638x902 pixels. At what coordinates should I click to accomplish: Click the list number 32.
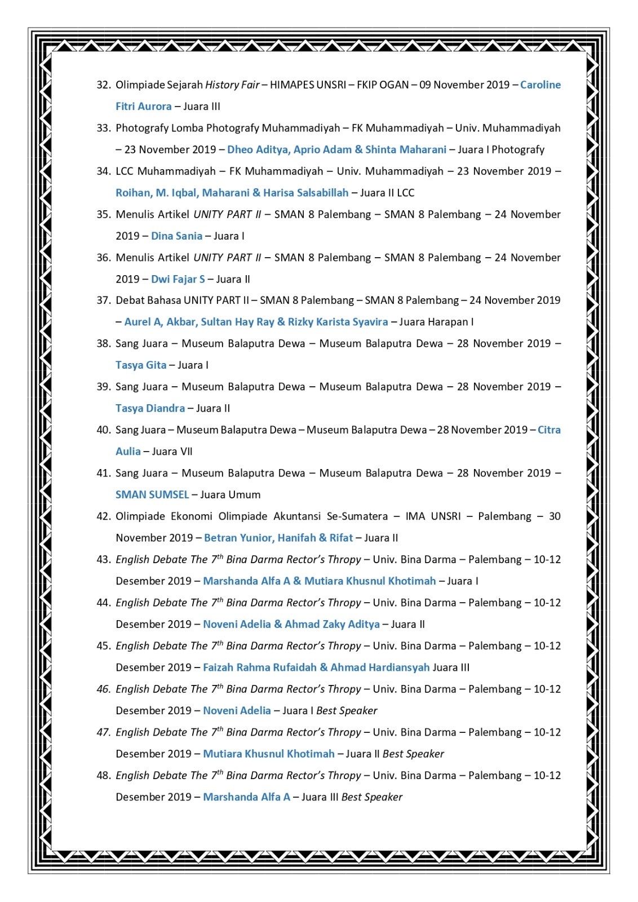coord(103,85)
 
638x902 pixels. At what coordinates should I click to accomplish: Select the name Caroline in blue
coord(540,85)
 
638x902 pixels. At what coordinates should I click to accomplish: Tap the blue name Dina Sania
coord(176,236)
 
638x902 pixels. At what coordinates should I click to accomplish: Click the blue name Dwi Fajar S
coord(178,279)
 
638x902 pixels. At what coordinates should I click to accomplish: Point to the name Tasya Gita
coord(141,365)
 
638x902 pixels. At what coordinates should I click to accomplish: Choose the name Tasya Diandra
coord(150,408)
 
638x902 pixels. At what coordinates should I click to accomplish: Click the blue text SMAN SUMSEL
coord(152,495)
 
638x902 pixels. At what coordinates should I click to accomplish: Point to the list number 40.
coord(103,430)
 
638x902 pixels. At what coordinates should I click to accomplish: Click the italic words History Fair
coord(232,85)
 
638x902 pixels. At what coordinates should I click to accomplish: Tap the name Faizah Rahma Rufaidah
coord(259,667)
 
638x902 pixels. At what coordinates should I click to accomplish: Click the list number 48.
coord(103,776)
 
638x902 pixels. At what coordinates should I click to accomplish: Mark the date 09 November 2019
coord(464,85)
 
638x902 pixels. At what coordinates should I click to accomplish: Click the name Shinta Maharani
coord(406,150)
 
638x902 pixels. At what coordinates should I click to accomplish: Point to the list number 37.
coord(103,300)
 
